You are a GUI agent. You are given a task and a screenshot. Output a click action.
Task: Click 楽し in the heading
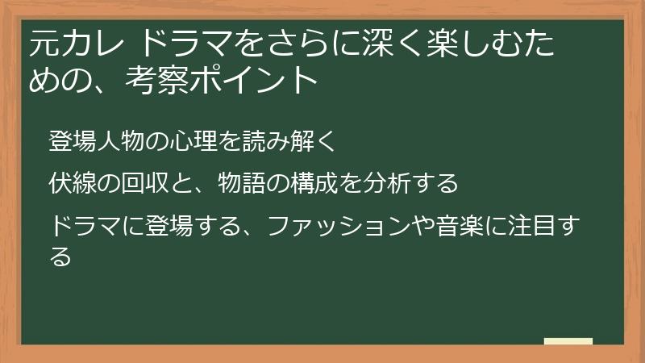[441, 44]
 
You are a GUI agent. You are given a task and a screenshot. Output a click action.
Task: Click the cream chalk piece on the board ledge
[568, 341]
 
